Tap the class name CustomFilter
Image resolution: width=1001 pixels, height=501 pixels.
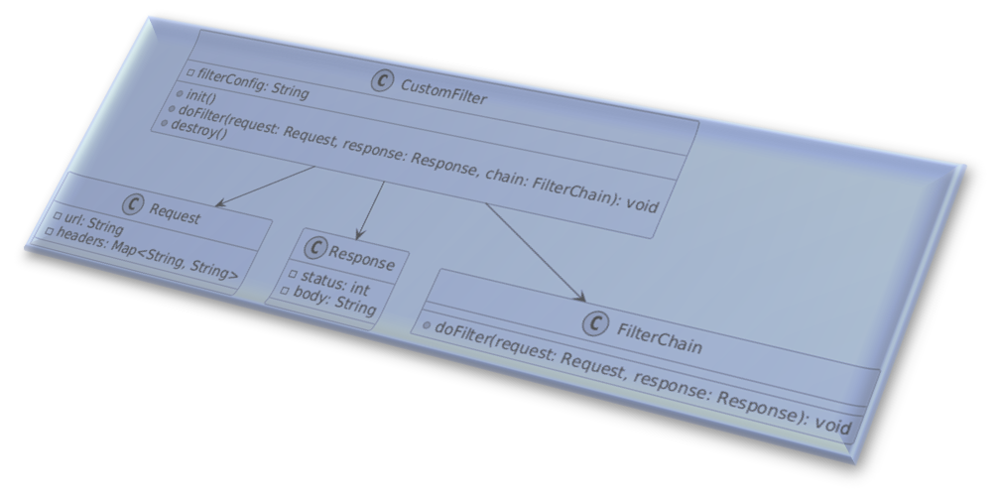coord(443,89)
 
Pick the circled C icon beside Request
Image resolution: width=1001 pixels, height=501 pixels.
coord(133,203)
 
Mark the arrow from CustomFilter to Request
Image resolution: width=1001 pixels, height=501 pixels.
coord(263,186)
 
